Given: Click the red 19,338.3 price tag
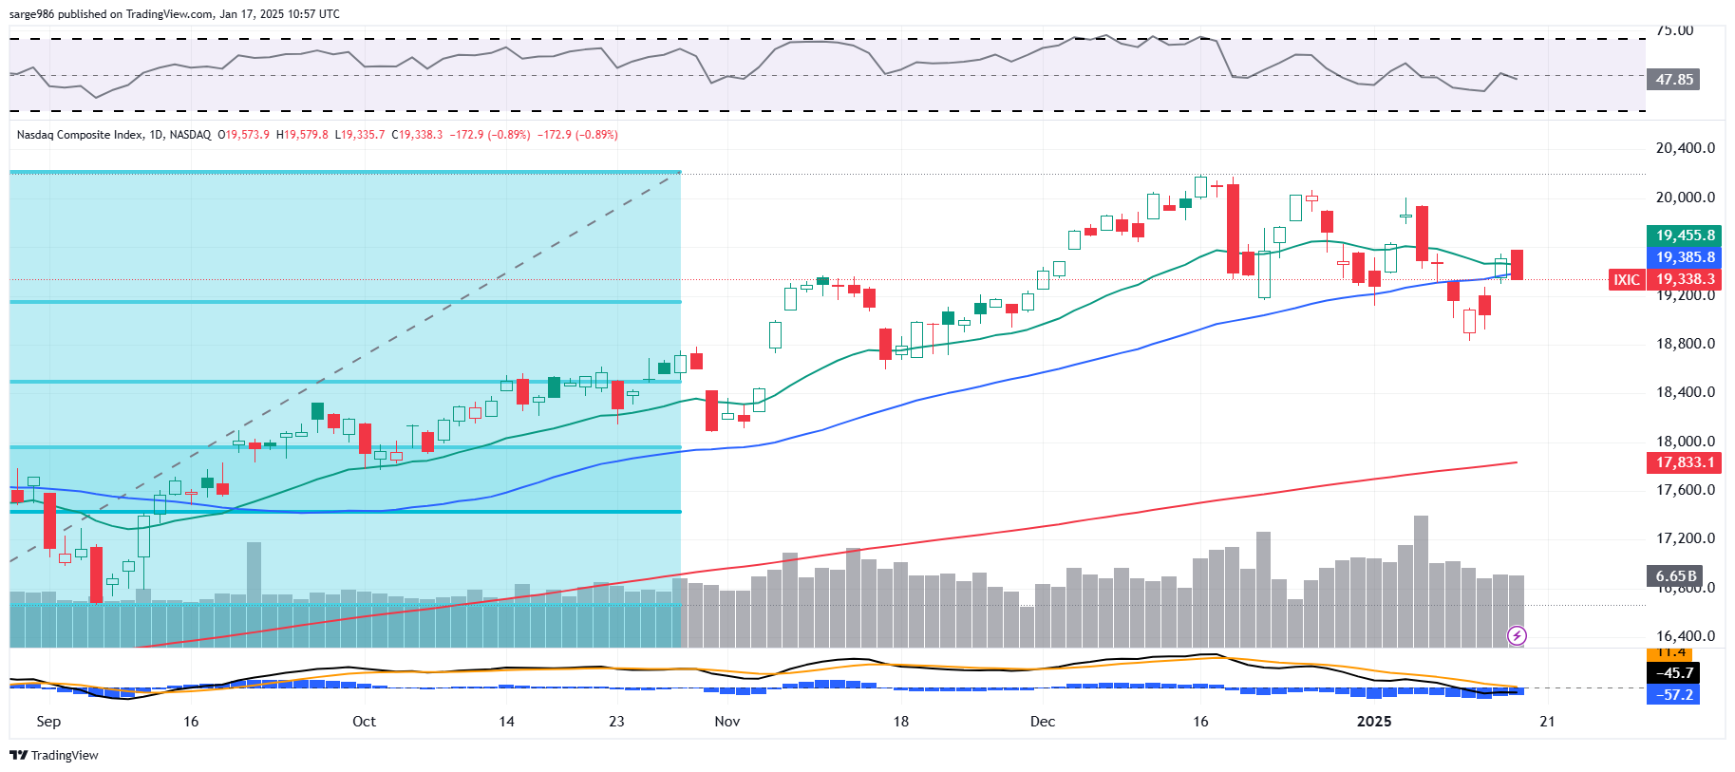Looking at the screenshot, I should point(1685,279).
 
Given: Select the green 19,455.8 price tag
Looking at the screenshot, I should point(1685,235).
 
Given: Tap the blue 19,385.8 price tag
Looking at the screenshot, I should point(1685,257).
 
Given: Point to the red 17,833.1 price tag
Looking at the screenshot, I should point(1685,462).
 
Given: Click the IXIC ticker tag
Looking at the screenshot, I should point(1627,279).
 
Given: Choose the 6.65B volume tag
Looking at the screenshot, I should point(1675,575).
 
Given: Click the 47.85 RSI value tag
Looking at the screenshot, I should point(1673,80).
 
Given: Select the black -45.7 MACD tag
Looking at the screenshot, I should point(1673,672).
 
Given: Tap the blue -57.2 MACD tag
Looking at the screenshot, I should point(1673,694).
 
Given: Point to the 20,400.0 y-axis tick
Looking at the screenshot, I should point(1685,148).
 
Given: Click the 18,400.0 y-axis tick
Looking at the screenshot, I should point(1685,392).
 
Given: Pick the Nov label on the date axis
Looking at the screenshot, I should point(727,722).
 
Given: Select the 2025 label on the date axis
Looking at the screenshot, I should point(1374,722).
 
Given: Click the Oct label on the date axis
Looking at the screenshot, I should point(364,722).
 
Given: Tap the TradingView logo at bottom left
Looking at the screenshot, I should point(54,756).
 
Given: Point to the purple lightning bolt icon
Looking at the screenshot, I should point(1517,635).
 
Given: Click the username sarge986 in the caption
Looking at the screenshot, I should point(31,14).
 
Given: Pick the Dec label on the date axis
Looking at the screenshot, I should point(1043,722).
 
